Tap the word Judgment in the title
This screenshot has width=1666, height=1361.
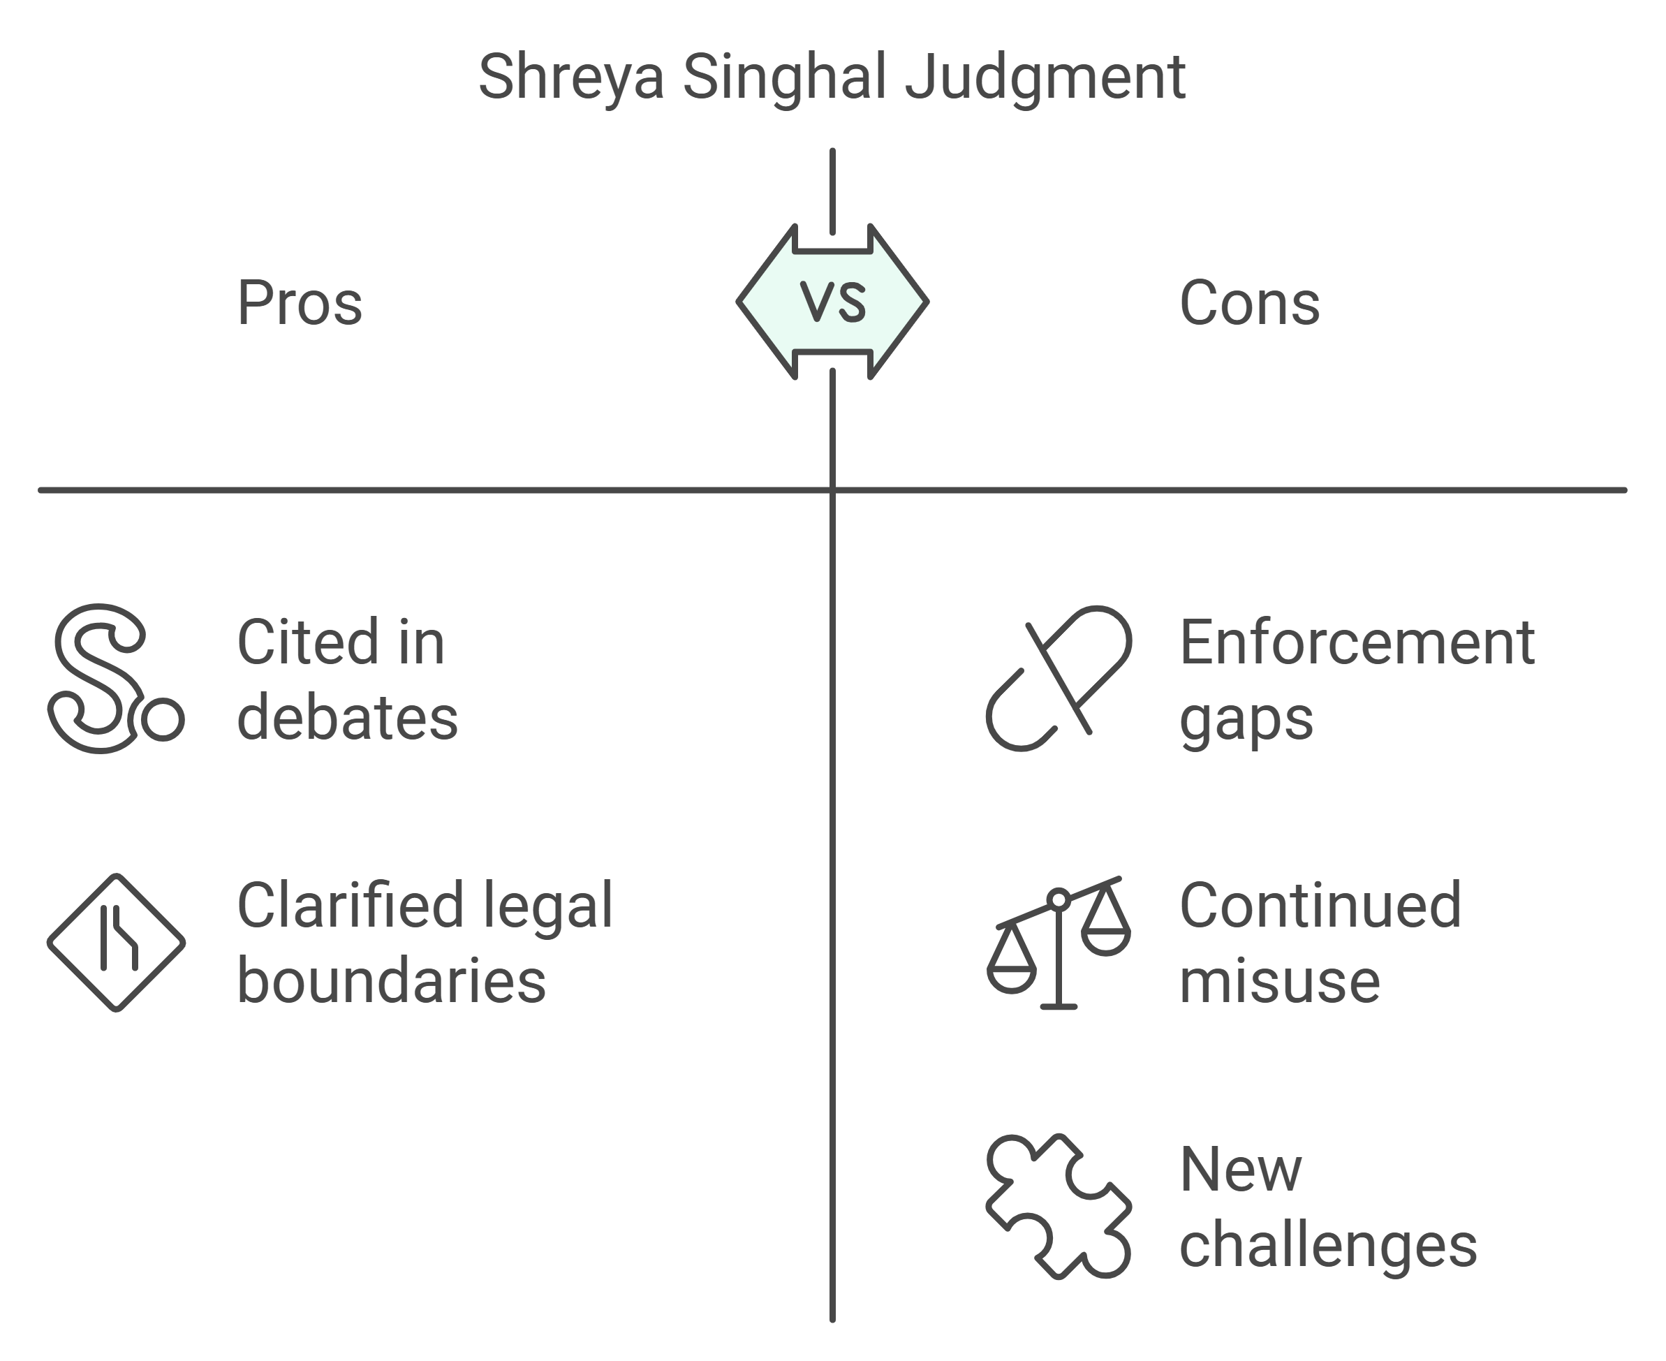(x=1045, y=78)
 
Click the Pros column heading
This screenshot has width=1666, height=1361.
(x=300, y=303)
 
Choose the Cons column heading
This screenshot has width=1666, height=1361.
(x=1250, y=303)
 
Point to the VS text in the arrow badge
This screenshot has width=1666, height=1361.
(x=832, y=301)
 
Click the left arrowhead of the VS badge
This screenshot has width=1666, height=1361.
(x=765, y=301)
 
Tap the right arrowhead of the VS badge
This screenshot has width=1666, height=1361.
(x=900, y=301)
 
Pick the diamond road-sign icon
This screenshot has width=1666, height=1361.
(x=116, y=942)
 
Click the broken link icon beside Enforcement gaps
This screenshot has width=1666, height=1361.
(x=1059, y=678)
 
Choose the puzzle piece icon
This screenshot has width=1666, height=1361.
(x=1059, y=1206)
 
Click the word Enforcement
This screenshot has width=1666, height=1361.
(x=1356, y=643)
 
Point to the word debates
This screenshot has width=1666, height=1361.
(x=347, y=718)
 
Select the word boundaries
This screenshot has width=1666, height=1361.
(x=391, y=982)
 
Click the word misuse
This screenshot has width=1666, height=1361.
(x=1279, y=982)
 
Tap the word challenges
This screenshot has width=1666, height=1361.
(x=1328, y=1246)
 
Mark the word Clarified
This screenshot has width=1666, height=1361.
(x=350, y=906)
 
